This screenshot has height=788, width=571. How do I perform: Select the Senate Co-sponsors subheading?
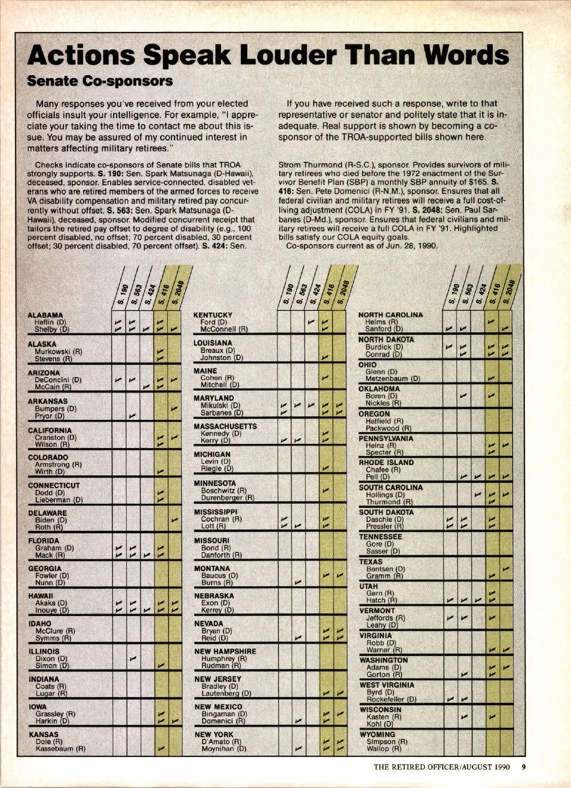[x=100, y=81]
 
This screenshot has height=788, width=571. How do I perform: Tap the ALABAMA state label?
[x=45, y=315]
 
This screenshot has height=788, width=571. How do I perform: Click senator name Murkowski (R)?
[x=59, y=352]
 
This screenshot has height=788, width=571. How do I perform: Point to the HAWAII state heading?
[x=40, y=596]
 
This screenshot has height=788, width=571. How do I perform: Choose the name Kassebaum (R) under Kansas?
[x=61, y=748]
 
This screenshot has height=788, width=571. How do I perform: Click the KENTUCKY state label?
[x=213, y=315]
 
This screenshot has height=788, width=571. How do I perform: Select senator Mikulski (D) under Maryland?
[x=220, y=406]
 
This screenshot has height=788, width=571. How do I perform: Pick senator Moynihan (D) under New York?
[x=224, y=748]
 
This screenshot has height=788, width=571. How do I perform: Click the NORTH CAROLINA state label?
[x=390, y=315]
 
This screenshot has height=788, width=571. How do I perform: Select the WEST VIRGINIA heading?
[x=387, y=685]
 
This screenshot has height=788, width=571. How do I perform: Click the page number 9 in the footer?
[x=523, y=767]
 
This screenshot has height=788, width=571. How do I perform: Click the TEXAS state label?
[x=371, y=561]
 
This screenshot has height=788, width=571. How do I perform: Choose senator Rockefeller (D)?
[x=392, y=699]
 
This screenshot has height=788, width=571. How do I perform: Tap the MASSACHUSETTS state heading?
[x=225, y=426]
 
